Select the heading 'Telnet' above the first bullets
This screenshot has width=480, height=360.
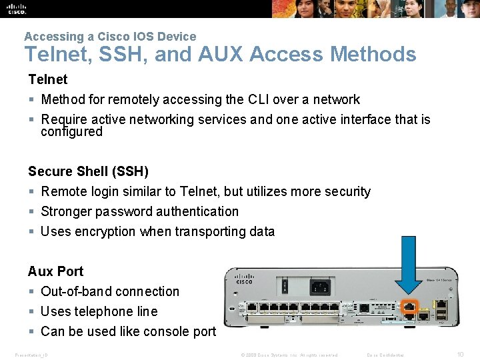pyautogui.click(x=47, y=79)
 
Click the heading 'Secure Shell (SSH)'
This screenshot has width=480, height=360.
pyautogui.click(x=88, y=171)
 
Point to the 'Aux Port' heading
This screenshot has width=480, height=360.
pyautogui.click(x=55, y=271)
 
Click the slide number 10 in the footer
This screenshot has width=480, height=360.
pyautogui.click(x=460, y=354)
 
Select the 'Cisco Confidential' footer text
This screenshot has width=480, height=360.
pyautogui.click(x=385, y=355)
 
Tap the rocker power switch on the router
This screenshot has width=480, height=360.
pyautogui.click(x=285, y=287)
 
